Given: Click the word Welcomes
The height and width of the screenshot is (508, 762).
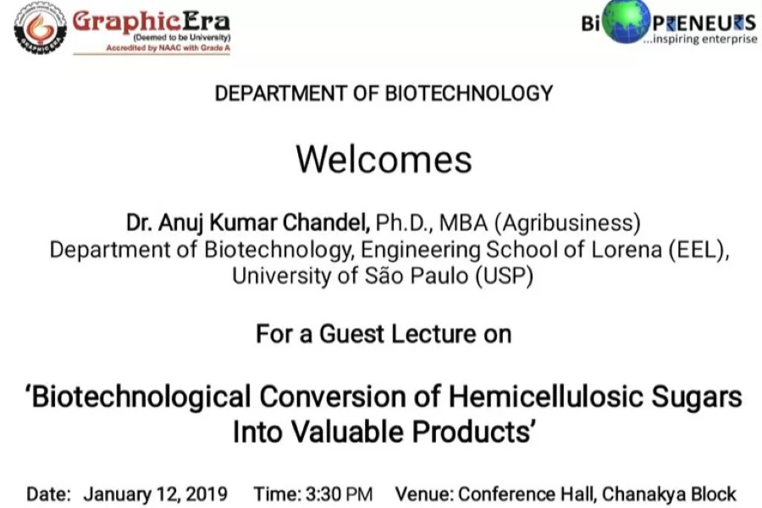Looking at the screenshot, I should coord(384,159).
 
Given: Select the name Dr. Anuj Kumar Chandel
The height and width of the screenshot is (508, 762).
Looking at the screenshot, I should coord(248,224).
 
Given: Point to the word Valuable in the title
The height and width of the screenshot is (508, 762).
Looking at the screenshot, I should coord(349,432).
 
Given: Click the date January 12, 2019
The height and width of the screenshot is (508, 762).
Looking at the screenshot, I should coord(155,494).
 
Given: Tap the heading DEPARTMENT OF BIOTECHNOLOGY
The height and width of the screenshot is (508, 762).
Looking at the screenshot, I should coord(384,93).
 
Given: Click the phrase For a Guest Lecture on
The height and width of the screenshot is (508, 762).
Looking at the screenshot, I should coord(384,334).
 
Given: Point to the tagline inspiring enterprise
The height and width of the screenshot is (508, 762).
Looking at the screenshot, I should coord(699,40).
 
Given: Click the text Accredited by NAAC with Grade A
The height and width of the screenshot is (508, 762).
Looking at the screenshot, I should coord(168,48).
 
